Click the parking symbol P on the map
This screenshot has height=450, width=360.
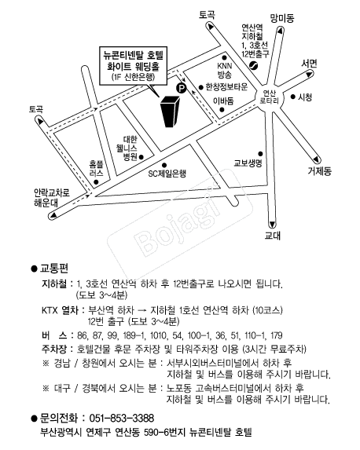[x=182, y=88]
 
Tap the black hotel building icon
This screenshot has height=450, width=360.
[x=171, y=112]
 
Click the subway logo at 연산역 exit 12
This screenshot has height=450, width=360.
[x=253, y=66]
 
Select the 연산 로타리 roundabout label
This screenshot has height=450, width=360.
[x=269, y=97]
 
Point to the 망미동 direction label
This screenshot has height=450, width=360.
[x=282, y=18]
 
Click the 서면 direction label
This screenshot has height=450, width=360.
[x=309, y=64]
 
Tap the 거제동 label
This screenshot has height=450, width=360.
[x=319, y=171]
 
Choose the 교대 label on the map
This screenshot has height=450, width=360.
[x=272, y=236]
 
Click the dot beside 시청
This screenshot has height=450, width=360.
[x=292, y=97]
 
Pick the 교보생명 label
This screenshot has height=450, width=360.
[x=248, y=163]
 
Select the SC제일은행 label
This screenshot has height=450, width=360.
[x=167, y=174]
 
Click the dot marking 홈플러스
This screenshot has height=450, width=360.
[x=96, y=182]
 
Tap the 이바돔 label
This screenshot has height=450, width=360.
[x=223, y=101]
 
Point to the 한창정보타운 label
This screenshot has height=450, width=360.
[x=226, y=86]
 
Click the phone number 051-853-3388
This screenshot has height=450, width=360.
[x=122, y=418]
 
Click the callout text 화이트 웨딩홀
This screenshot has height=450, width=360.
[x=133, y=67]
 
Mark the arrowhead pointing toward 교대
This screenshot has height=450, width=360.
[x=272, y=225]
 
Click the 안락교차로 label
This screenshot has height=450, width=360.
[x=52, y=192]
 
